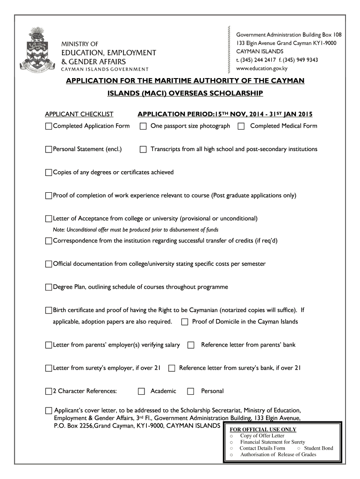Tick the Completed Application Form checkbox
(x=49, y=126)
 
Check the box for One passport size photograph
(x=144, y=126)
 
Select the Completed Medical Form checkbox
(x=241, y=126)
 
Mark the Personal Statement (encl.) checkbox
(x=49, y=150)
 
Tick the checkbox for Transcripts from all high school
(x=144, y=150)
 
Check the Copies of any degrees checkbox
(x=49, y=173)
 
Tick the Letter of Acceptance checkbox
(x=49, y=219)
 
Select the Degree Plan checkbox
(x=49, y=287)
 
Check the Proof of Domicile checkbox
(x=185, y=322)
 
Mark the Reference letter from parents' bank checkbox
(x=191, y=345)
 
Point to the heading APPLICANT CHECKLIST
(x=79, y=114)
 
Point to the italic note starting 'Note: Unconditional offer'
(x=136, y=230)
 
